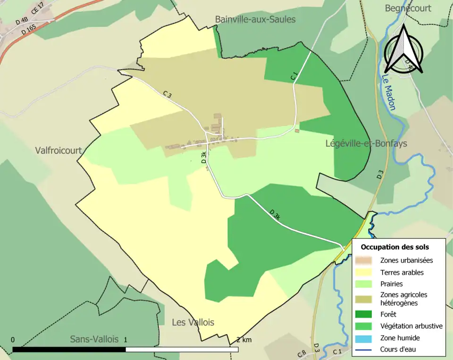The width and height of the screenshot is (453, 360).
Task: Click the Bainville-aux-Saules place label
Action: coord(255,19)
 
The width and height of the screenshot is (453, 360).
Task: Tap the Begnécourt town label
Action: coord(408,8)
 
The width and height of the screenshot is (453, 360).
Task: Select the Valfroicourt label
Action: coord(59,151)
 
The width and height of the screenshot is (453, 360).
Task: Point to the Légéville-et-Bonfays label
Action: coord(366,143)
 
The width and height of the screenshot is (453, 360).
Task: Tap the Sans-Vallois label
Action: coord(94,339)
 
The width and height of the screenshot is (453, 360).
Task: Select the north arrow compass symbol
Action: coord(403,50)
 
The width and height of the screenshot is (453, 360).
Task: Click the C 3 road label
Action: coord(167,95)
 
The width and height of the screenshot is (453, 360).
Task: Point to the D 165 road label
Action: coord(28,30)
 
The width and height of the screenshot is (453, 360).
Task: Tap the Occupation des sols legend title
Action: coord(395,247)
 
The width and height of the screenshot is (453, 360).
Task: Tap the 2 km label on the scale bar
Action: coord(243,340)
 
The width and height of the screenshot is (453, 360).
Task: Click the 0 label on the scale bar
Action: coord(12,340)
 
